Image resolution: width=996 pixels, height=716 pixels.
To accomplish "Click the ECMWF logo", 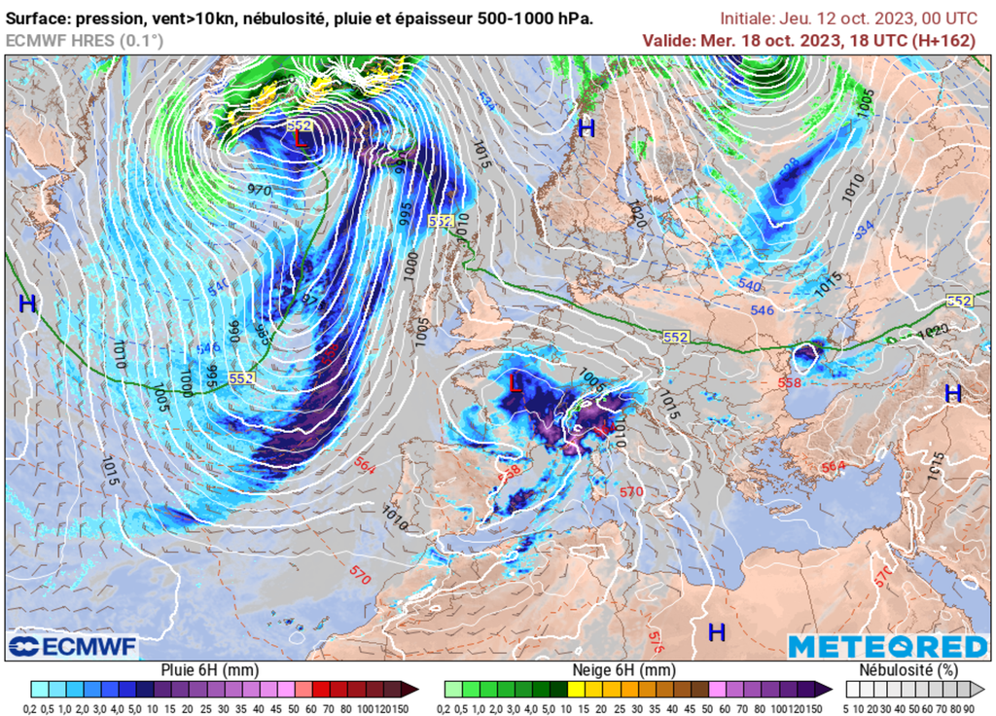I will coord(74,646).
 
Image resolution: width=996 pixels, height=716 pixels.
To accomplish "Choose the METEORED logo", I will coord(887,647).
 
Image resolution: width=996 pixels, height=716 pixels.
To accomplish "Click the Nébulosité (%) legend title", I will coord(907,670).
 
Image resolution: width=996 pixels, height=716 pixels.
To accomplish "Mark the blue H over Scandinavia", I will coord(586,127).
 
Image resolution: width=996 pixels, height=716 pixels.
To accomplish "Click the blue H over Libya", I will coord(717,632).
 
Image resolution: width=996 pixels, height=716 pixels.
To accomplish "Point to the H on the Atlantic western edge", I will coord(27,304).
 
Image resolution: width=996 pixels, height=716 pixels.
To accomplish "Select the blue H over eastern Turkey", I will coord(953,393).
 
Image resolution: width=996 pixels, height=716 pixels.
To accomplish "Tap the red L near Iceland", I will coord(302,138).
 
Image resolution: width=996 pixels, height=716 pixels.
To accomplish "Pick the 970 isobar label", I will coord(259,190).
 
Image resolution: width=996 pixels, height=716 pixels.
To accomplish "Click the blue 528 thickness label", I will coord(791,163).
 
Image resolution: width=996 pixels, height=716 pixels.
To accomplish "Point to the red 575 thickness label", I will coord(658,640).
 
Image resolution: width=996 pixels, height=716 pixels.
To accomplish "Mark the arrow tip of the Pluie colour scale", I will coord(415,689).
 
